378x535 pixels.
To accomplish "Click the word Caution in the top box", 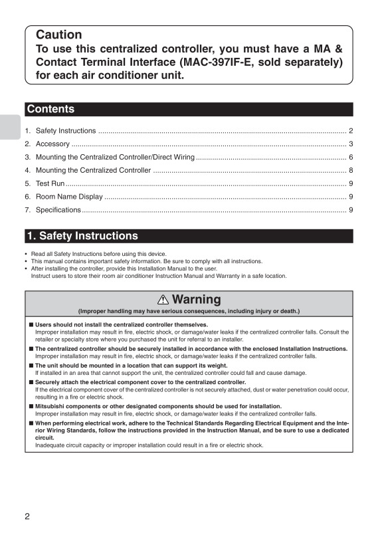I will (x=59, y=35).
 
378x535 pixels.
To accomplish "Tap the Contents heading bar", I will (x=50, y=109).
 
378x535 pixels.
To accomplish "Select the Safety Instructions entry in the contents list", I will (x=66, y=131).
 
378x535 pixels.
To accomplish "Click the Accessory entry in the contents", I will (x=52, y=144).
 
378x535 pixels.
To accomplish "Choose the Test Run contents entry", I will (x=50, y=183).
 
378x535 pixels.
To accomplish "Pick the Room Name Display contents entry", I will (x=69, y=197).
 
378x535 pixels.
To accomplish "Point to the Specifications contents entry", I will (x=58, y=210).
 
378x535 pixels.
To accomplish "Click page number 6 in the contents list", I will (x=350, y=158).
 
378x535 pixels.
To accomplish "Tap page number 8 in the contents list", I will (x=350, y=171).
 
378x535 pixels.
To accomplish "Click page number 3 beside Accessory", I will (x=350, y=144).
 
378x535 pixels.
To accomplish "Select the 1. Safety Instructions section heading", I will (x=82, y=236).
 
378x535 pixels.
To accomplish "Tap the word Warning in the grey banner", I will (x=196, y=300).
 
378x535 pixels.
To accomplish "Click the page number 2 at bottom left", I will (x=27, y=517).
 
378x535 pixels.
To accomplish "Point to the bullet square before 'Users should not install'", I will (x=31, y=324).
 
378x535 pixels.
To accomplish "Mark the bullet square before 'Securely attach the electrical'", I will (x=31, y=382).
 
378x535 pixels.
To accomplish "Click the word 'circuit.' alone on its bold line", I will (x=44, y=438).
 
